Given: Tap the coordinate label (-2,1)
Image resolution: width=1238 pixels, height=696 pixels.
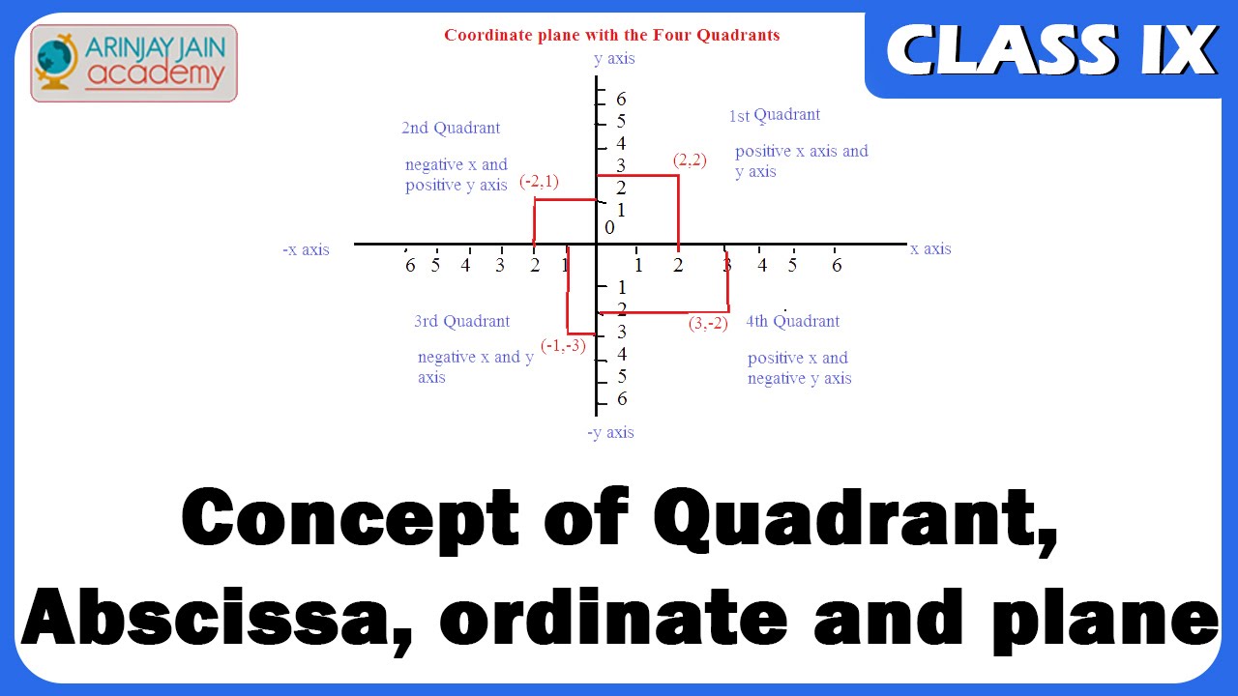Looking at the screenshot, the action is pos(539,182).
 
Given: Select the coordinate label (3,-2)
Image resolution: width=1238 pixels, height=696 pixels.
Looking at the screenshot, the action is pos(708,323).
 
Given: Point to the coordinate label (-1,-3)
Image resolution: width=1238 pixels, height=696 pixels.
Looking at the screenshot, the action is pos(563,346).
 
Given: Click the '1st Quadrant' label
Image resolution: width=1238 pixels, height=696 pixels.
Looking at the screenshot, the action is pos(775,115).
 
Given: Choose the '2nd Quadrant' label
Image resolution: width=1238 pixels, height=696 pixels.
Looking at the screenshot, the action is pos(451,128).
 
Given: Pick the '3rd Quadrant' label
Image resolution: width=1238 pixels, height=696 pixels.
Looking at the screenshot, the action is pos(462,321).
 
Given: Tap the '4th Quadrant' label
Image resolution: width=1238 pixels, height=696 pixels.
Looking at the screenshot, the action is pos(792,321).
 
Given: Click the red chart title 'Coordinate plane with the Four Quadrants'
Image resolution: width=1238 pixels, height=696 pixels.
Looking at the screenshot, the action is pos(612,35).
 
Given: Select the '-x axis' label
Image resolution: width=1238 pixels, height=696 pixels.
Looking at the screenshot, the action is pos(306,249).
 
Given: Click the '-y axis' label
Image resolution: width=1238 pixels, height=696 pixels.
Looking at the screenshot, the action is pos(610,432).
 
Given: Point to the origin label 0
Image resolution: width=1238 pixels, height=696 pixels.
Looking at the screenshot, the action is pos(609,227).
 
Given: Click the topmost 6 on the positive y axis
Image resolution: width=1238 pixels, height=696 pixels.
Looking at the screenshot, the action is pos(621,99).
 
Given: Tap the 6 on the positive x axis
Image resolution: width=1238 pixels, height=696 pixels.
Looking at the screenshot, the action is pos(837,265).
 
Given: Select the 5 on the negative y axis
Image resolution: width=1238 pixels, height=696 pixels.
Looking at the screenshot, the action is pos(622,376).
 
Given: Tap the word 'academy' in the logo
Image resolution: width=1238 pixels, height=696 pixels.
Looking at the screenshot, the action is pos(156,75).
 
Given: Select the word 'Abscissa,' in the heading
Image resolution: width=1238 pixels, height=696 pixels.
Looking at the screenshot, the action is pos(218,620).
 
